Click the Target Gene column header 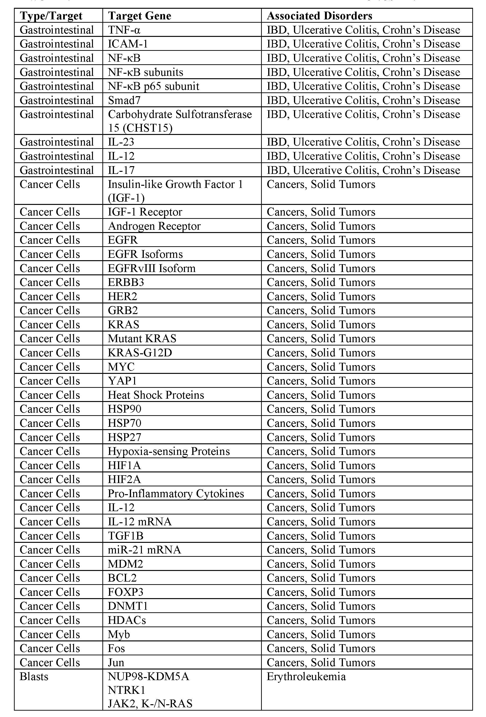click(x=140, y=16)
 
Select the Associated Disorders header click(x=319, y=16)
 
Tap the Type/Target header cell click(x=51, y=16)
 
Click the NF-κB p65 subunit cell click(x=153, y=86)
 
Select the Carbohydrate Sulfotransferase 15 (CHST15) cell click(x=180, y=121)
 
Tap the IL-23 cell click(x=121, y=142)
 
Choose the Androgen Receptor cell click(x=154, y=226)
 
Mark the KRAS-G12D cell click(x=140, y=353)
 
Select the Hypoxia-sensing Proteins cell click(x=169, y=451)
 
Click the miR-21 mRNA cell click(x=144, y=550)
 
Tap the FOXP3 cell click(x=125, y=592)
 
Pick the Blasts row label click(x=34, y=677)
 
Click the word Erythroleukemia click(x=306, y=677)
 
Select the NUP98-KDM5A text click(x=148, y=677)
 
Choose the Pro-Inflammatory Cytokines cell click(x=176, y=494)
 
